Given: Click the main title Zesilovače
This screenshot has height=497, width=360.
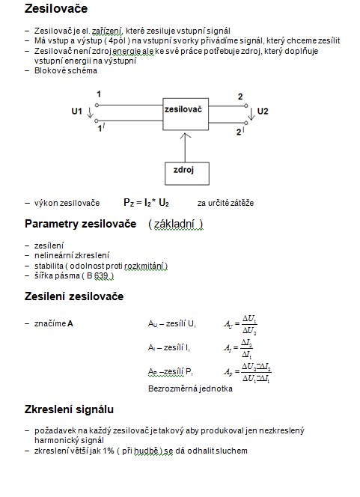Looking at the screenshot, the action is (56, 8).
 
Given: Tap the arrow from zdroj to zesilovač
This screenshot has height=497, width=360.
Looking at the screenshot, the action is (185, 147).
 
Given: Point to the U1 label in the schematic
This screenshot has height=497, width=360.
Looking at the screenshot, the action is (76, 112).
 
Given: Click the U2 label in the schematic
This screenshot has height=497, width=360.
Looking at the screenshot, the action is (263, 112).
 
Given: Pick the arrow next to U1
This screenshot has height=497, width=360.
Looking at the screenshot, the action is (90, 112).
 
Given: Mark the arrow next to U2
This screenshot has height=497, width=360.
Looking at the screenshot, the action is (251, 114).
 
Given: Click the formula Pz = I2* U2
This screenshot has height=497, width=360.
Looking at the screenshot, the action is (146, 203).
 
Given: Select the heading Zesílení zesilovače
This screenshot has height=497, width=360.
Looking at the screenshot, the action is (74, 296).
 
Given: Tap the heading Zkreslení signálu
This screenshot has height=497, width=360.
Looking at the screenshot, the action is (69, 409).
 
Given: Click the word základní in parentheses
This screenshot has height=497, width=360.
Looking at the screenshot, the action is (174, 224).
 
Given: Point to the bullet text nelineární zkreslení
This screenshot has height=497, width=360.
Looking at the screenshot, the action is (72, 255).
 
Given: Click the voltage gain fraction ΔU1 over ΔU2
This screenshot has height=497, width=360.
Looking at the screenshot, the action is (249, 325).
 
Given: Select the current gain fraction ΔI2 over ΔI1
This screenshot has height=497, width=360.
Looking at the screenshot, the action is (246, 348).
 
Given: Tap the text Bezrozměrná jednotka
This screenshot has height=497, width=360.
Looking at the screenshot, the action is (190, 388).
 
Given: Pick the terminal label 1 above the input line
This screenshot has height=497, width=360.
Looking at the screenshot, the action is (99, 94).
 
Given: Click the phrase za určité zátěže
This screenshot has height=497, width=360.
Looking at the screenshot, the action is (225, 203).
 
